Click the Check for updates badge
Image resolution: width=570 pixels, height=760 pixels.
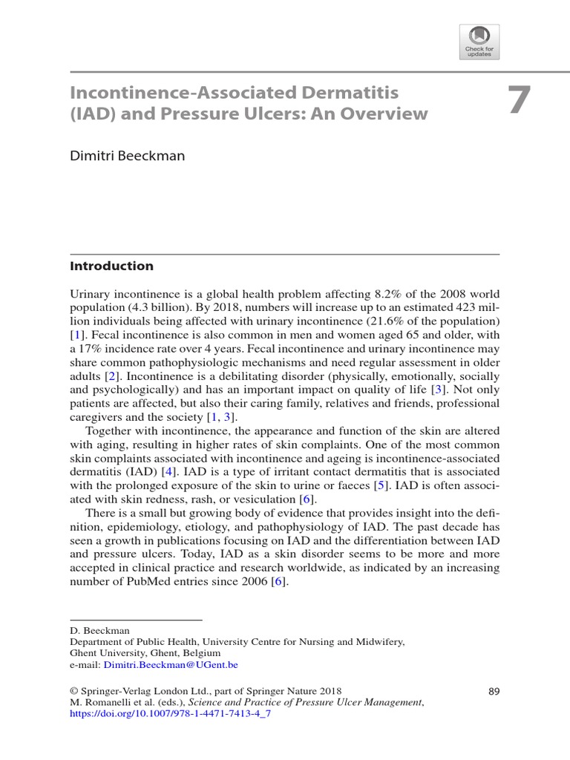pyautogui.click(x=479, y=42)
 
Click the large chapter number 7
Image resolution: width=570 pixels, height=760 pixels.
pyautogui.click(x=520, y=101)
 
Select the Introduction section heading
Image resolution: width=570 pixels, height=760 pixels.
pyautogui.click(x=111, y=266)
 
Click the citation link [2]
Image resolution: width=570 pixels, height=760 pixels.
pyautogui.click(x=113, y=376)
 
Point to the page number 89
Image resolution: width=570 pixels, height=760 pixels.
pyautogui.click(x=494, y=692)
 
